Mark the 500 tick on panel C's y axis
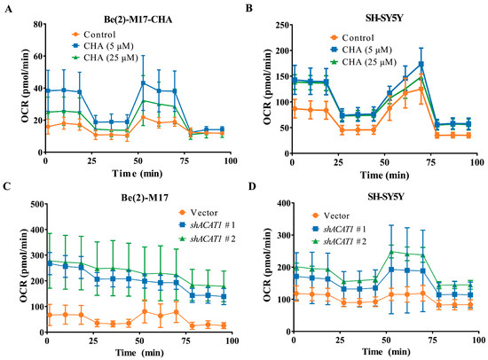pyautogui.click(x=32, y=204)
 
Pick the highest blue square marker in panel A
pyautogui.click(x=144, y=83)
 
